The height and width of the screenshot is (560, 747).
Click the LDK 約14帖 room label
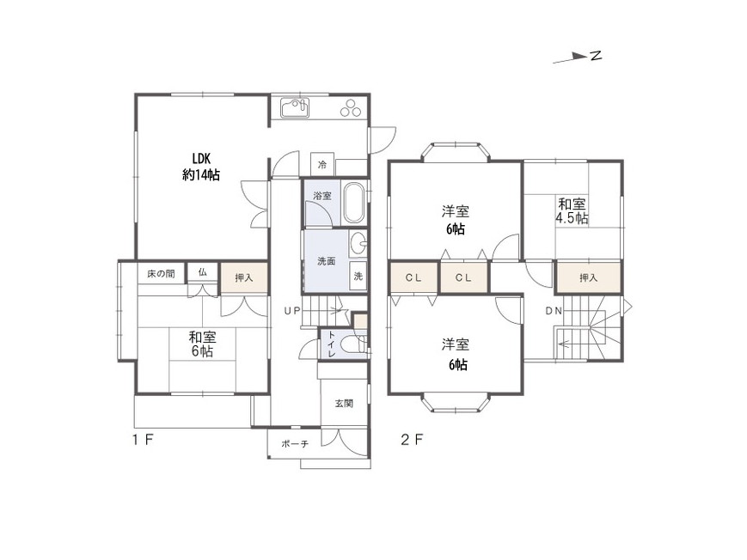pyautogui.click(x=200, y=167)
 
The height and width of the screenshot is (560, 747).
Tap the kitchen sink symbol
pyautogui.click(x=295, y=107)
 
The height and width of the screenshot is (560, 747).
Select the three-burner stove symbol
pyautogui.click(x=352, y=107)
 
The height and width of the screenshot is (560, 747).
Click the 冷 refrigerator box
pyautogui.click(x=322, y=165)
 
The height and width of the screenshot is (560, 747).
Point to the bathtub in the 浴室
pyautogui.click(x=354, y=203)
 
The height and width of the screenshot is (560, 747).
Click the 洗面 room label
pyautogui.click(x=327, y=261)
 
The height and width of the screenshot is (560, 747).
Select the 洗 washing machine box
pyautogui.click(x=358, y=277)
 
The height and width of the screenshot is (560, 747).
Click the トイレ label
pyautogui.click(x=331, y=344)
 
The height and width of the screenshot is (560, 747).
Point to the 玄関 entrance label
pyautogui.click(x=344, y=404)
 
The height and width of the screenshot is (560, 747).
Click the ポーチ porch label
pyautogui.click(x=295, y=444)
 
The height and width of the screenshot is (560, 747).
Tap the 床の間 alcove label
pyautogui.click(x=161, y=274)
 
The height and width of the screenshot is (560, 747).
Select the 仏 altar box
pyautogui.click(x=203, y=273)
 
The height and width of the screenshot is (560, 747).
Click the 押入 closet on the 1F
pyautogui.click(x=243, y=277)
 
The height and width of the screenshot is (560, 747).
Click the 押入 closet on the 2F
pyautogui.click(x=589, y=277)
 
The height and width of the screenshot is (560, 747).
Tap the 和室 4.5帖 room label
pyautogui.click(x=572, y=211)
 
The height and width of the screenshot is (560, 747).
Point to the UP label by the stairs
pyautogui.click(x=292, y=311)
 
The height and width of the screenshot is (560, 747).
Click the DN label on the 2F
pyautogui.click(x=554, y=311)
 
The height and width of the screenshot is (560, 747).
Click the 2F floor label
pyautogui.click(x=412, y=439)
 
